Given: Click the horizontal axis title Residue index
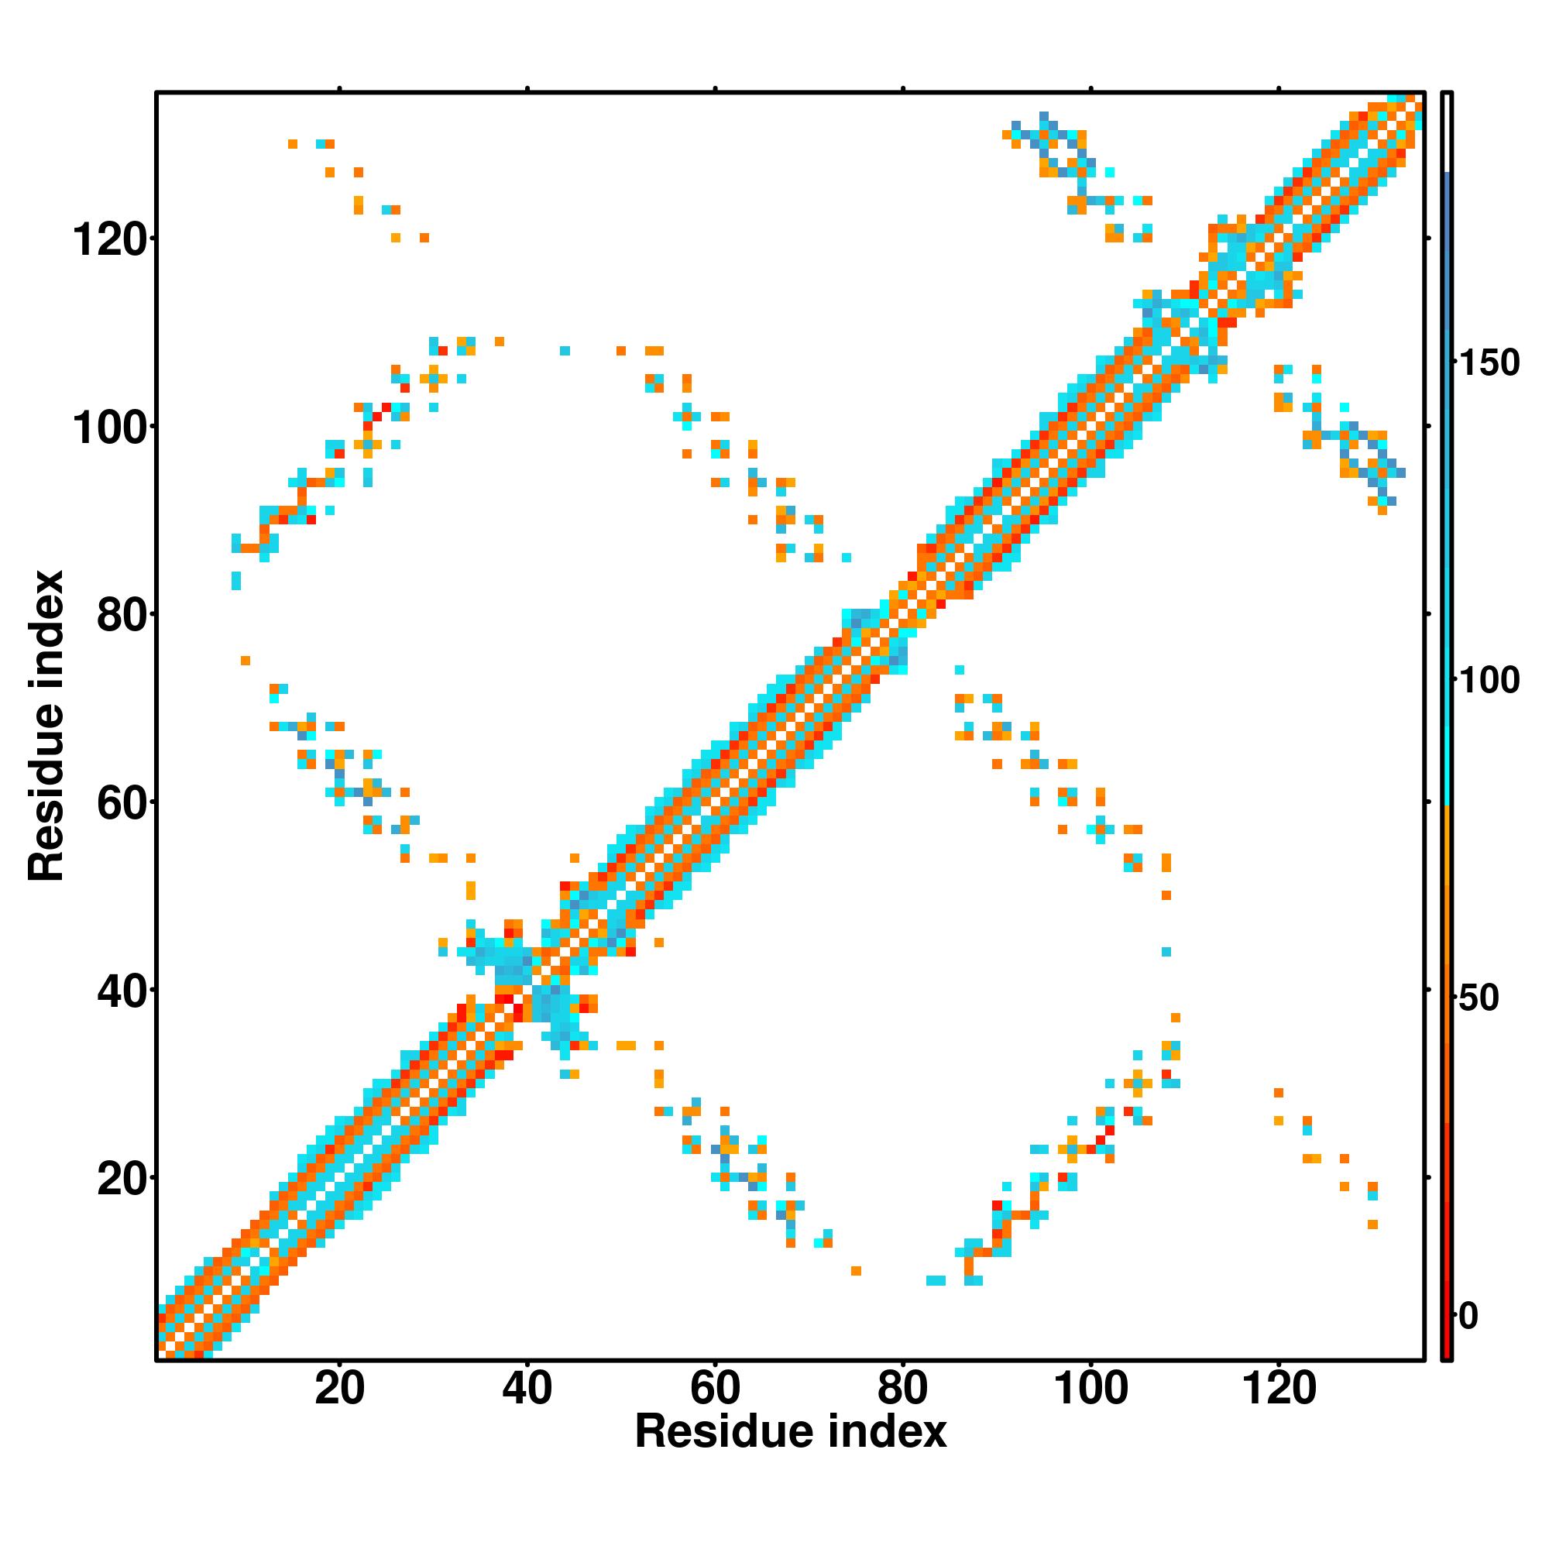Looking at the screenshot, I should click(x=791, y=1432).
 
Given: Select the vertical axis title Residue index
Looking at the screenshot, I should click(x=46, y=726).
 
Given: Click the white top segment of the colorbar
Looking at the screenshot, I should click(x=1448, y=132).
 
